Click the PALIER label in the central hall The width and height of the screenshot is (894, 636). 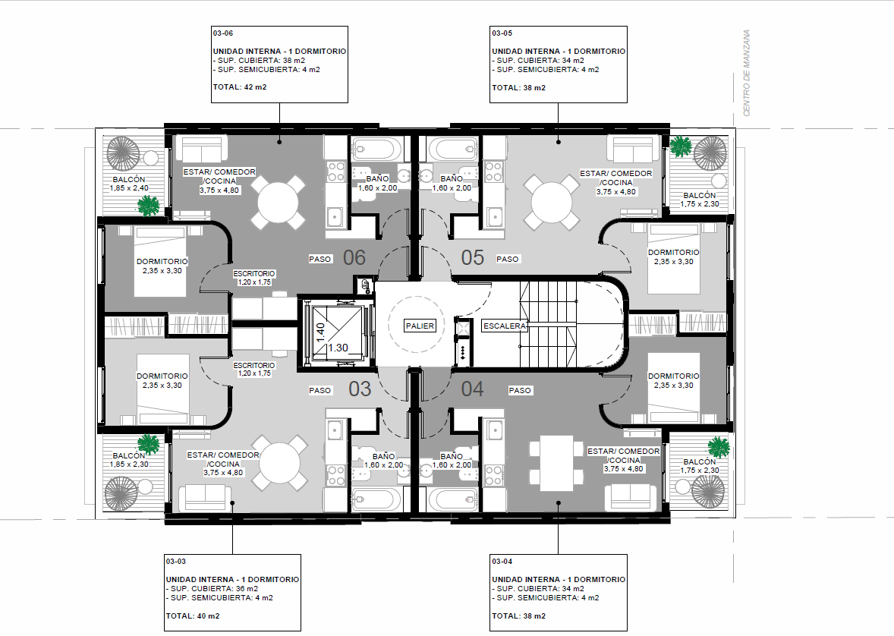coord(420,326)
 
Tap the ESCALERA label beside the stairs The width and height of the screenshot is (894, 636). coord(504,326)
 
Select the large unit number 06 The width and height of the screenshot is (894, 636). coord(354,257)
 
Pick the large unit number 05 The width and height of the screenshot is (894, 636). coord(473,257)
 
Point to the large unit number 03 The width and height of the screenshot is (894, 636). coord(360,389)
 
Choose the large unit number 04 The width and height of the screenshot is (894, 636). coord(473,389)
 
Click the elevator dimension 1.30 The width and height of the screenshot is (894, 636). coord(338,348)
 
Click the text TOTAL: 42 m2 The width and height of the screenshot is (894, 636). coord(240,87)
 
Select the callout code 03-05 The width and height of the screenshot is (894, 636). coord(502,33)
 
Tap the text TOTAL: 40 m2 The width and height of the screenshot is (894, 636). coord(193,616)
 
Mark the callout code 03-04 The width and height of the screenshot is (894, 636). coord(502,562)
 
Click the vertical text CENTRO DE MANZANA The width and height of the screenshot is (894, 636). coord(747,73)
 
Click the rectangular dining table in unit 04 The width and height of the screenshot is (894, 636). coord(556,463)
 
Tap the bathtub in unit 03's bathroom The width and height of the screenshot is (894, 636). coord(373,500)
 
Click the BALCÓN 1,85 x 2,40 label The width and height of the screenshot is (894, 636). coord(130,184)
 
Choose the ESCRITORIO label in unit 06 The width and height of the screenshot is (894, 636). coord(254,278)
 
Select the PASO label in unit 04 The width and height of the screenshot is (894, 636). coord(520,390)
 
